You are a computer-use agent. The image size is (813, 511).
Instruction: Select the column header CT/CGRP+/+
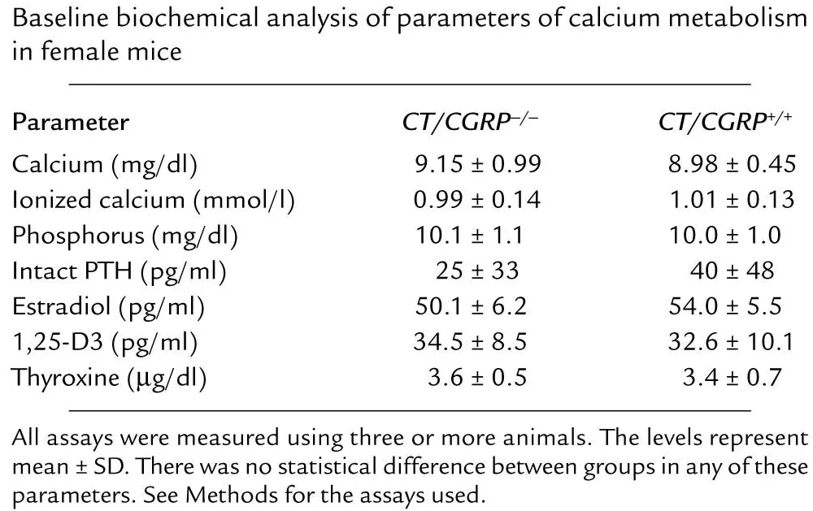tap(725, 123)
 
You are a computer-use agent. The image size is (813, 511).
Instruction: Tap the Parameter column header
tap(70, 123)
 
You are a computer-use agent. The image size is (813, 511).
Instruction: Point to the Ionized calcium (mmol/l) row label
tap(152, 201)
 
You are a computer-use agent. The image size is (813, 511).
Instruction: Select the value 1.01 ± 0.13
tap(729, 201)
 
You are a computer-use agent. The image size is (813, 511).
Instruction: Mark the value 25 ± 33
tap(472, 271)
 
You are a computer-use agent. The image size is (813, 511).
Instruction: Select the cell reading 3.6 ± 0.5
tap(477, 378)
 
